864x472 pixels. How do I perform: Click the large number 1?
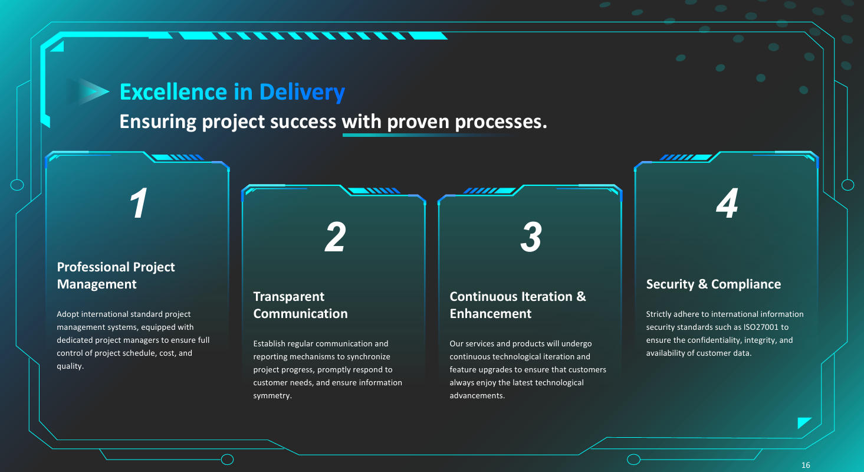[x=139, y=204]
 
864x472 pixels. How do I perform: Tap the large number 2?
[x=335, y=238]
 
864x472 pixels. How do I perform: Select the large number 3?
[x=531, y=238]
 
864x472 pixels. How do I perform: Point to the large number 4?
[x=727, y=204]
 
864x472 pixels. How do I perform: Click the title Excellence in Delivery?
[x=232, y=92]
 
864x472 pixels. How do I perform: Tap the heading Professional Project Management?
[x=116, y=276]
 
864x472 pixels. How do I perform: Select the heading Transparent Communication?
[x=300, y=305]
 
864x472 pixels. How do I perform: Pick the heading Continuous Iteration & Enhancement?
[x=518, y=305]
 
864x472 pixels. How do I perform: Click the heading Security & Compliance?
[x=713, y=284]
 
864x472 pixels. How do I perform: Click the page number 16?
[x=806, y=466]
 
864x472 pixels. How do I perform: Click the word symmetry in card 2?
[x=272, y=396]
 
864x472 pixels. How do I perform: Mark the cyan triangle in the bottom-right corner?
[x=803, y=422]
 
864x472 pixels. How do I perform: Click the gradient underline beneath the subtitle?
[x=425, y=135]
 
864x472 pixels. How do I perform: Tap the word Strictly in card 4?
[x=658, y=314]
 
